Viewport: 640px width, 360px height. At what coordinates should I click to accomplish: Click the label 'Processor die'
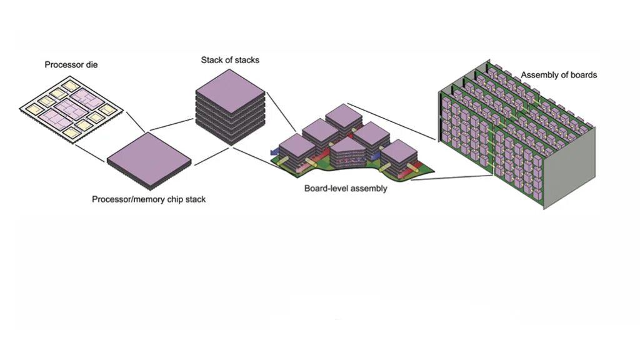pyautogui.click(x=71, y=64)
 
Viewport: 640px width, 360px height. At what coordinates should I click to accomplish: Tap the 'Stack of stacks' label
pyautogui.click(x=230, y=60)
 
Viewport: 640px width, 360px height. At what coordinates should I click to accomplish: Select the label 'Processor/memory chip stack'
pyautogui.click(x=149, y=199)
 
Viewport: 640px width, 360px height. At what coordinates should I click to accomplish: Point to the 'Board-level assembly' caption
pyautogui.click(x=346, y=188)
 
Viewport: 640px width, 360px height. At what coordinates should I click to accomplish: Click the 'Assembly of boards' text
pyautogui.click(x=559, y=75)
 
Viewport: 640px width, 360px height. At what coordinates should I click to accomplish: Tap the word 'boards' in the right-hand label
pyautogui.click(x=583, y=75)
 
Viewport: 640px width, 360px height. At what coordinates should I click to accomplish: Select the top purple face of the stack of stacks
pyautogui.click(x=230, y=91)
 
